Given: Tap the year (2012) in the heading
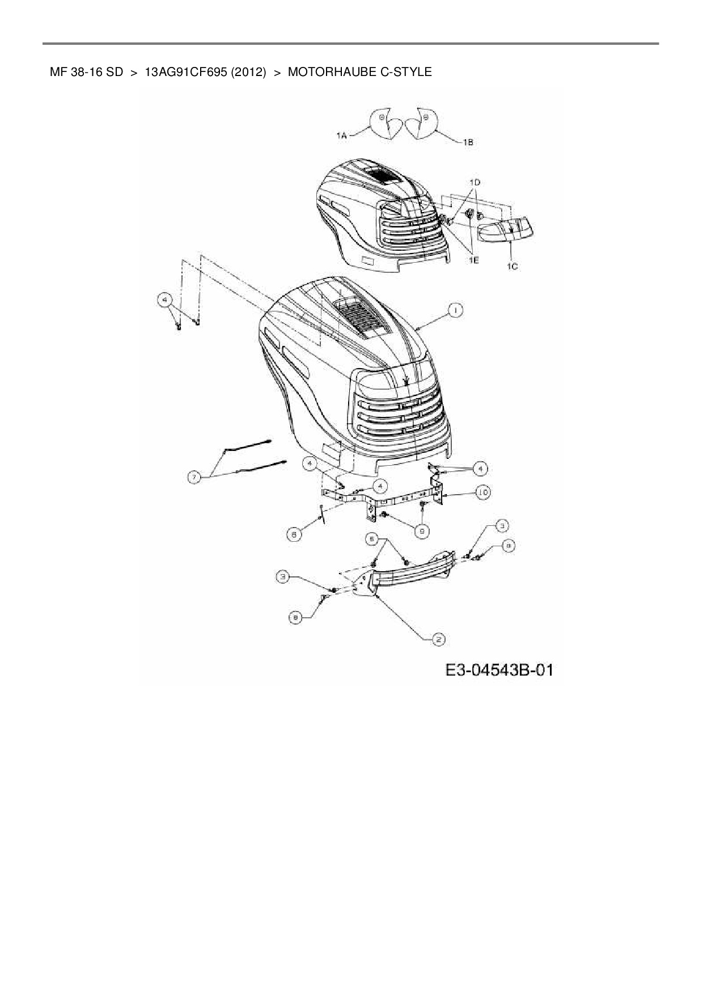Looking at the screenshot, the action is tap(248, 72).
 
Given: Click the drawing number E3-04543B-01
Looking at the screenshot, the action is tap(499, 670).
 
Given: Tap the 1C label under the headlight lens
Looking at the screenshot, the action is tap(512, 265).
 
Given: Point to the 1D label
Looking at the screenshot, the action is tap(475, 182).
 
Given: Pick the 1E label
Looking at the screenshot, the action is tap(473, 259).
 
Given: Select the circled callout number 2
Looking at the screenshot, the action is tap(438, 639).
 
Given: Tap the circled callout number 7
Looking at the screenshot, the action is tap(194, 478).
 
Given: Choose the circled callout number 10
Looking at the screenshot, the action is tap(482, 492).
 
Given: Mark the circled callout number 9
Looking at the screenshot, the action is tap(422, 530).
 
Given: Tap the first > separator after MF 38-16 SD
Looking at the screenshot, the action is tap(134, 72).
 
